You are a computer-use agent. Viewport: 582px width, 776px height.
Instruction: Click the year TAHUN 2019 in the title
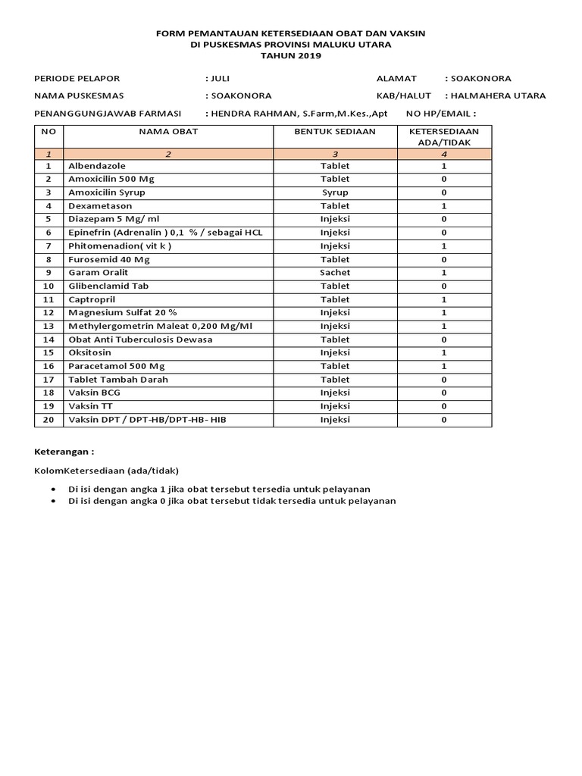tap(291, 55)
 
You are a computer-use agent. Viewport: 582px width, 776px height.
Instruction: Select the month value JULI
tap(219, 78)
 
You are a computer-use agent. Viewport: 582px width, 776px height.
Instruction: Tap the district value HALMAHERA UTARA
tap(498, 95)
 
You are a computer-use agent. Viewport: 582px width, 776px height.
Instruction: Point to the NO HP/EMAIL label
tap(441, 114)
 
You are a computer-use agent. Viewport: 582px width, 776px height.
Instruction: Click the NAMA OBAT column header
tap(168, 131)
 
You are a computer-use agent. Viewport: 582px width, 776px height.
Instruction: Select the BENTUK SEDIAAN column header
tap(335, 131)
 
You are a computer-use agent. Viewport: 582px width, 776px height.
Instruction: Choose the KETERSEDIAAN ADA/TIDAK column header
tap(444, 136)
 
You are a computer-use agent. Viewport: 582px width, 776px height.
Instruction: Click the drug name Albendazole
tap(97, 165)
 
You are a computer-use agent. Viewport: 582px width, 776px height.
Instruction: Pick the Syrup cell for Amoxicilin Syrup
tap(335, 192)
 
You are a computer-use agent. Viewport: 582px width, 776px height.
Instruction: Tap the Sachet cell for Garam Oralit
tap(335, 273)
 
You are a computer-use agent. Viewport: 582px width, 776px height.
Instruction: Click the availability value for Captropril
tap(444, 299)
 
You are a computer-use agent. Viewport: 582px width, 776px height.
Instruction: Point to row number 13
tap(48, 326)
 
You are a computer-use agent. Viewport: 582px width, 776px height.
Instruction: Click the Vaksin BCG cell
tap(94, 393)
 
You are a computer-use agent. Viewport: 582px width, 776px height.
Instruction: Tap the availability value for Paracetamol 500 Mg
tap(444, 366)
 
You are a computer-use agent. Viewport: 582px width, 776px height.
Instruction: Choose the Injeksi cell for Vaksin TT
tap(335, 406)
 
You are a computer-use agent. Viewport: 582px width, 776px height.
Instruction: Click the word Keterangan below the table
tap(64, 451)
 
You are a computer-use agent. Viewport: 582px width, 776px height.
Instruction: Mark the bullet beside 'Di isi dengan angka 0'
tap(52, 501)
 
